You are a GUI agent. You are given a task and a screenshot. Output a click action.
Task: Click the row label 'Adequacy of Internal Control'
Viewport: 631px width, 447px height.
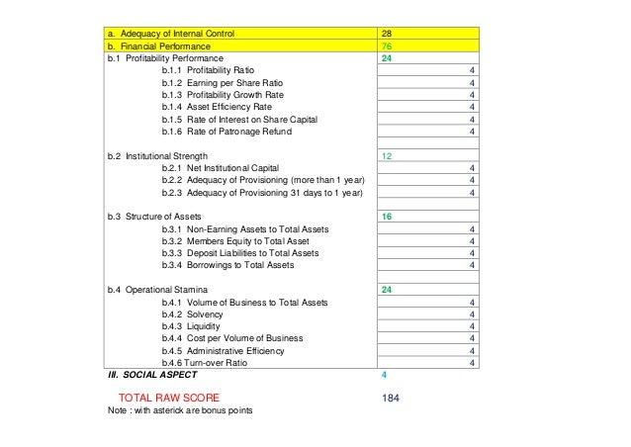[179, 33]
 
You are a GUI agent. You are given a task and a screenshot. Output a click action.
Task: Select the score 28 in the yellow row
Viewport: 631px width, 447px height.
[388, 33]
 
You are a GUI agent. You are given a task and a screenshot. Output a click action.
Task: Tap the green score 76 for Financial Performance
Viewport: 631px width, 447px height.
[388, 45]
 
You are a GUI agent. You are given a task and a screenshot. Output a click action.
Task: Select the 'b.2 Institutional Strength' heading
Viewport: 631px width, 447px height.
[157, 156]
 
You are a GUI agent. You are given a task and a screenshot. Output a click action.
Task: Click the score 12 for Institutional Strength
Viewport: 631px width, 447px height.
[388, 156]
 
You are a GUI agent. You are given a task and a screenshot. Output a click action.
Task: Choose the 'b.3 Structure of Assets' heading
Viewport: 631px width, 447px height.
[154, 216]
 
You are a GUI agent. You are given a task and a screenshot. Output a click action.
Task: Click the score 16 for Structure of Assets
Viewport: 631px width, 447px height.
[388, 216]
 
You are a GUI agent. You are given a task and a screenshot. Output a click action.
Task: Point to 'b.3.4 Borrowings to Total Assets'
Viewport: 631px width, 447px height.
[226, 264]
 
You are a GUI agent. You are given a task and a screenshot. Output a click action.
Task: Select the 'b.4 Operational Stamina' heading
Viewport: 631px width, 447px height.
[157, 290]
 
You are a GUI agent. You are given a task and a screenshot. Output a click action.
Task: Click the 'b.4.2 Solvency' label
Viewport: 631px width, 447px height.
[194, 313]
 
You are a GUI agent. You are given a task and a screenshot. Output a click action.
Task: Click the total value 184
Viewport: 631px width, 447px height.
[392, 398]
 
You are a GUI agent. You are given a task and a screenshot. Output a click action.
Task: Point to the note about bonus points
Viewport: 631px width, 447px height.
[179, 411]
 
